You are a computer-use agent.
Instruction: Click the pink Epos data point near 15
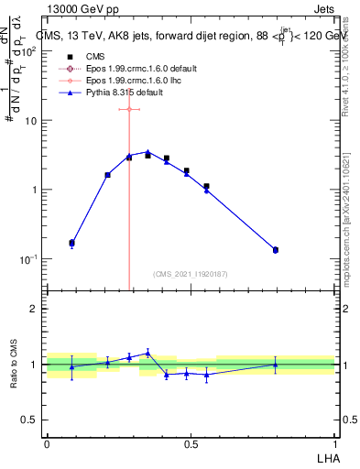(129, 109)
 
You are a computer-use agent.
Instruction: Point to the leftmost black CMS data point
(72, 243)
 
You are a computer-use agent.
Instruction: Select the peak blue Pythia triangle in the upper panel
(147, 152)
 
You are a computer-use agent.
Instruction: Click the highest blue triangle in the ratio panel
(147, 352)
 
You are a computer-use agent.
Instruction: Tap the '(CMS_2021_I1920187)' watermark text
(191, 274)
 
